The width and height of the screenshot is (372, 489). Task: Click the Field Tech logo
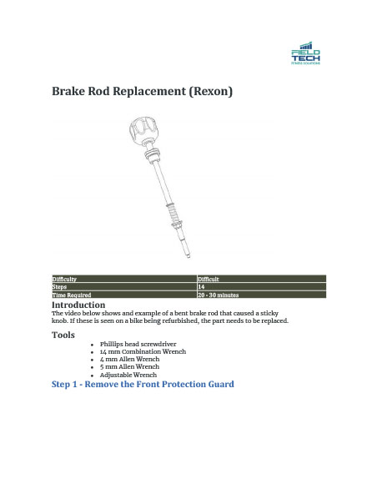pyautogui.click(x=305, y=53)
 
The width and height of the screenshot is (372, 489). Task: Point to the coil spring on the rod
pyautogui.click(x=174, y=219)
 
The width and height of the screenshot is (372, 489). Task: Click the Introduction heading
pyautogui.click(x=78, y=305)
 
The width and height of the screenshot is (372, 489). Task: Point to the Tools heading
pyautogui.click(x=63, y=335)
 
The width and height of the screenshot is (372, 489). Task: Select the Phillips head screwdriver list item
pyautogui.click(x=138, y=344)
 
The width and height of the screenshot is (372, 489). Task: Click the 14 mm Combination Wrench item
pyautogui.click(x=142, y=351)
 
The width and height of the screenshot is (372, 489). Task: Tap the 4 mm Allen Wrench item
pyautogui.click(x=129, y=359)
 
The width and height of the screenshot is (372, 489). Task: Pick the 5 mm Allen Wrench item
pyautogui.click(x=129, y=366)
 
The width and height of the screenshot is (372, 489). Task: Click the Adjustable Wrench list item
pyautogui.click(x=128, y=375)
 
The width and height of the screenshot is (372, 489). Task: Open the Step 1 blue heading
pyautogui.click(x=143, y=384)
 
